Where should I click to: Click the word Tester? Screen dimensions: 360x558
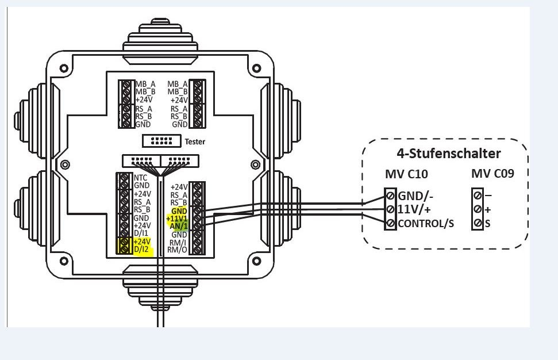point(195,141)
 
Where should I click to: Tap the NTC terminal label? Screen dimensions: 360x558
point(141,178)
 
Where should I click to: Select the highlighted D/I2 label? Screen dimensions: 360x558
point(141,250)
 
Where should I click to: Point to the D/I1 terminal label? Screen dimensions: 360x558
point(141,234)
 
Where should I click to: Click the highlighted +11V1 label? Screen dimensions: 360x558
point(176,219)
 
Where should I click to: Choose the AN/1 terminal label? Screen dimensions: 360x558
point(179,227)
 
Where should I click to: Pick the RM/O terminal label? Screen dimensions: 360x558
point(178,250)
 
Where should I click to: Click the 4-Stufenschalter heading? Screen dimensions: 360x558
point(448,154)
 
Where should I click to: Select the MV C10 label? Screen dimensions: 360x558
point(406,174)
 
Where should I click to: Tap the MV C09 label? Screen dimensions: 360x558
point(492,174)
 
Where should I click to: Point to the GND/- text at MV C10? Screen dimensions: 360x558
point(415,196)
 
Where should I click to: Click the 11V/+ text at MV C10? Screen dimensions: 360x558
point(414,209)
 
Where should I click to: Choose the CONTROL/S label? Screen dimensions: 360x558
point(426,223)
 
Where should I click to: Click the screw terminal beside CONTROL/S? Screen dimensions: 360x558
point(391,223)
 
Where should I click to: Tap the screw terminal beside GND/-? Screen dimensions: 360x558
point(391,196)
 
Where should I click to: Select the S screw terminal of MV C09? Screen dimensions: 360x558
point(478,223)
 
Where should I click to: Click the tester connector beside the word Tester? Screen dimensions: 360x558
point(161,141)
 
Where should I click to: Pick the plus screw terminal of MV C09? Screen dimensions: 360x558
point(478,209)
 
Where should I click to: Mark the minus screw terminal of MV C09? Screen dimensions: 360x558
point(478,196)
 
